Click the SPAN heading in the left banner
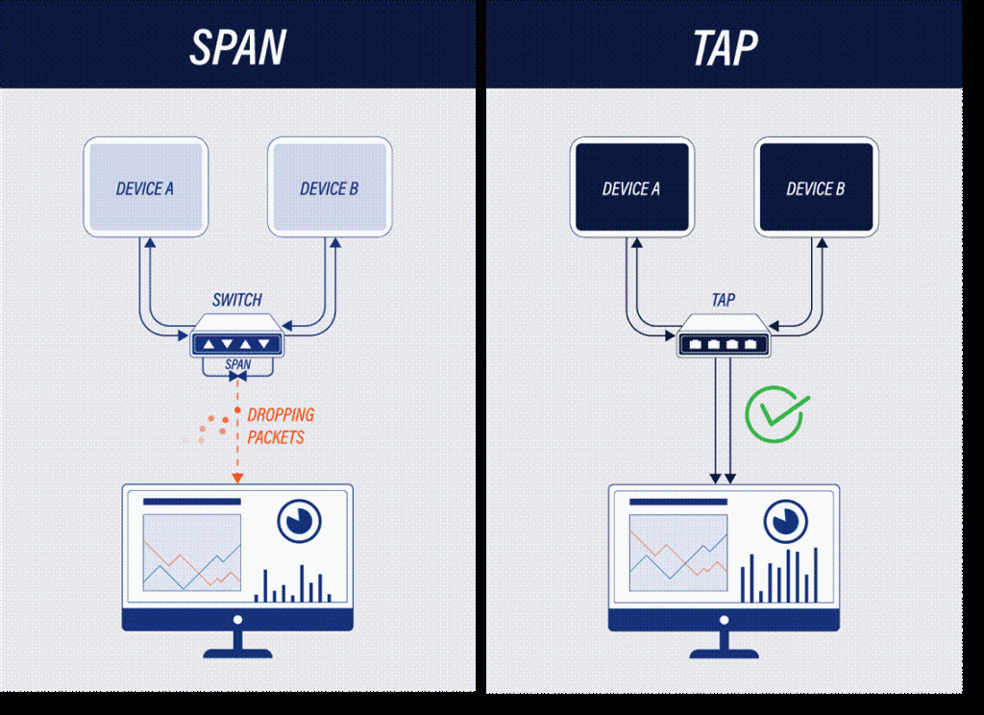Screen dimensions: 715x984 236,45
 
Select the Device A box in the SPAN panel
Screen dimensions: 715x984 145,187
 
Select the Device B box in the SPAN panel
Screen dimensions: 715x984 329,187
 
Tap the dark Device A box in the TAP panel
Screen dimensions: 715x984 631,188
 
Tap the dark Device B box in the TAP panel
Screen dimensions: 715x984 815,188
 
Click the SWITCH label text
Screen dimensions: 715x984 236,300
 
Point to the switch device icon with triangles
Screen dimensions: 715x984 236,342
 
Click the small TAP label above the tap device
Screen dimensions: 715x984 724,300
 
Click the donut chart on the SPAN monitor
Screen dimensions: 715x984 299,520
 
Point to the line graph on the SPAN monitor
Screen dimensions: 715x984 192,552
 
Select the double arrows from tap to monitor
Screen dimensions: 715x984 724,423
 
